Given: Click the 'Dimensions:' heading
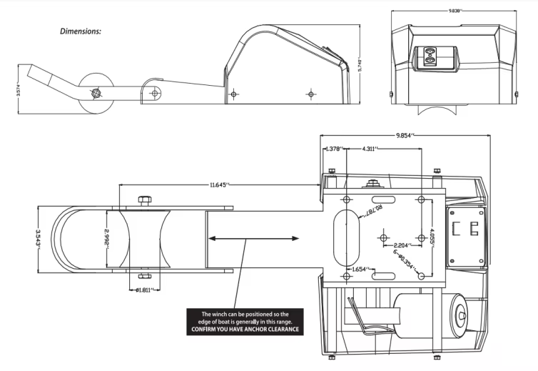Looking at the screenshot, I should click(81, 31).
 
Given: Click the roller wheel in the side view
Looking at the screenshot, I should click(93, 94).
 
